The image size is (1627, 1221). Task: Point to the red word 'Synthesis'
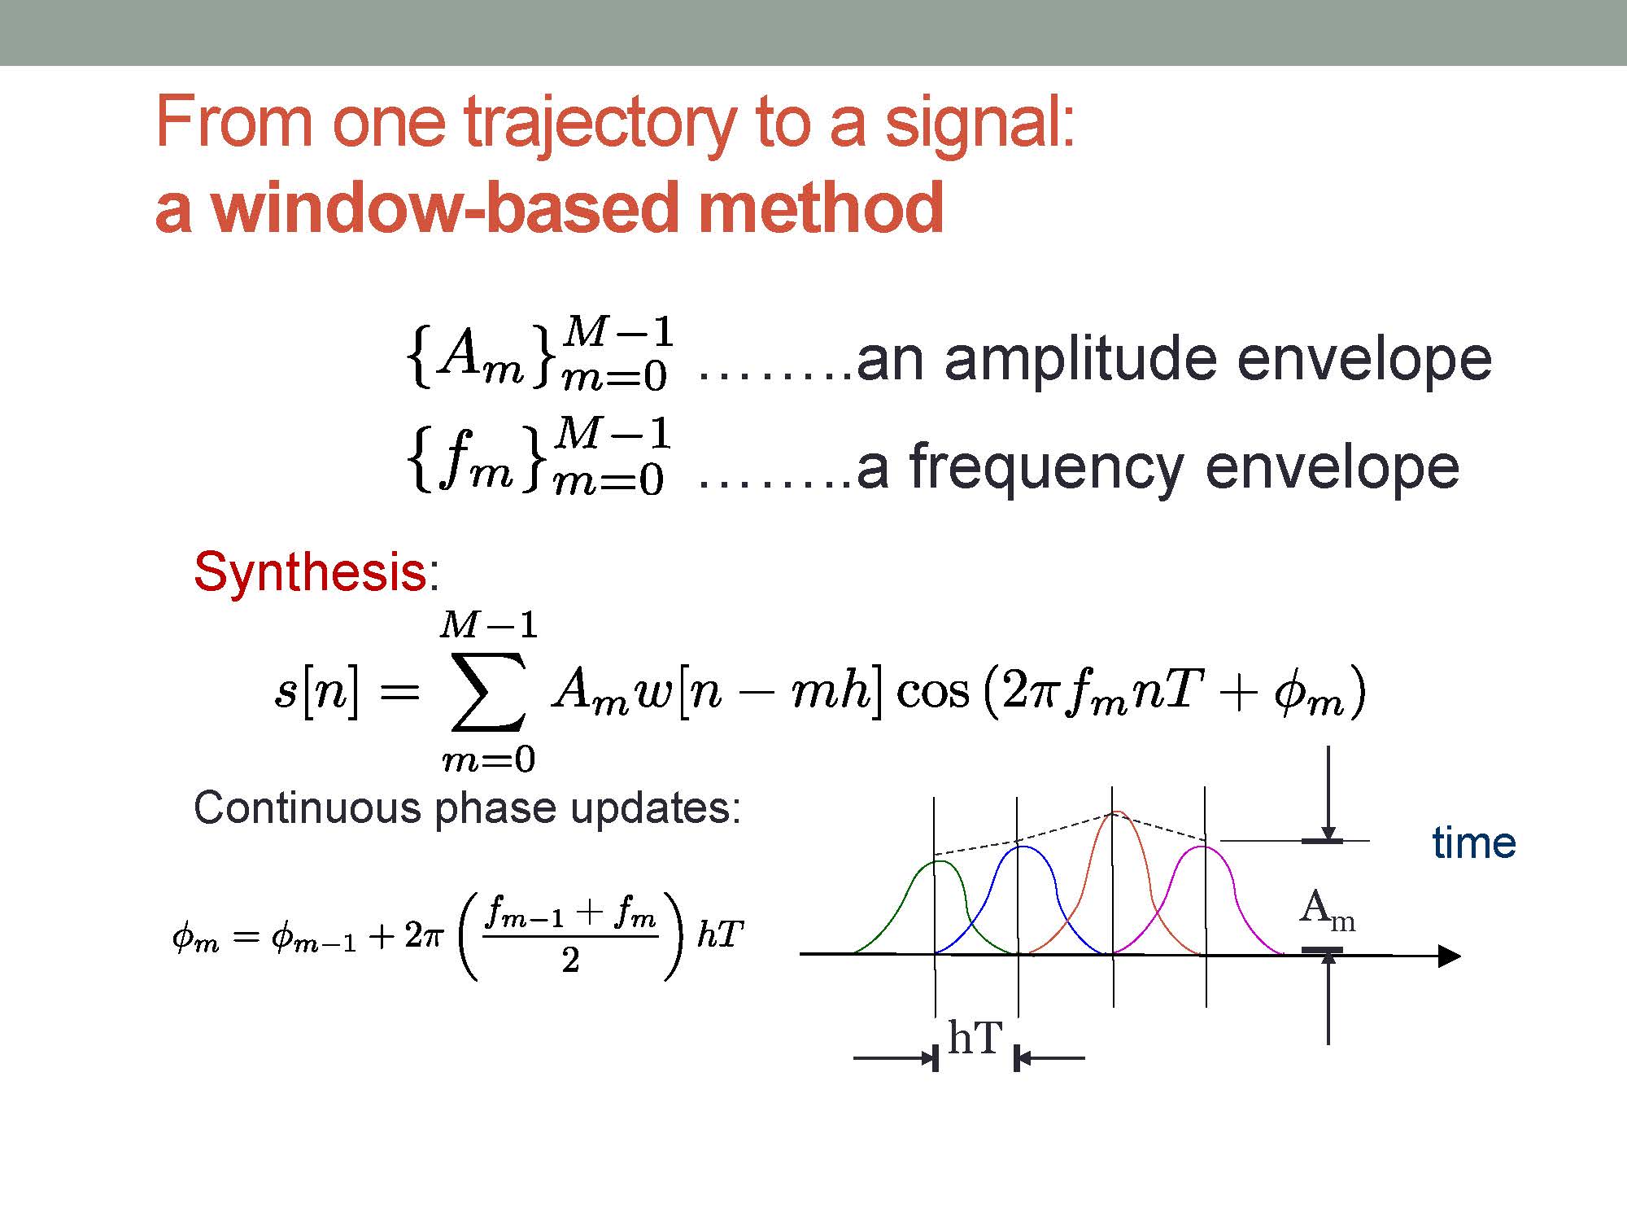coord(310,571)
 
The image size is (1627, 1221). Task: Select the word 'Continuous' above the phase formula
coord(308,808)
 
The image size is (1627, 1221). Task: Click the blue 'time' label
coord(1474,842)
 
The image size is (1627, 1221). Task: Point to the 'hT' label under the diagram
coord(975,1038)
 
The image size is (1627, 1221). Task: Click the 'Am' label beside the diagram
coord(1327,910)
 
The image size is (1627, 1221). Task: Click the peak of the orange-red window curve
coord(1117,812)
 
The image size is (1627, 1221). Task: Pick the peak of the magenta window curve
coord(1203,847)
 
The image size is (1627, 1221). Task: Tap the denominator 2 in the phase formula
coord(570,961)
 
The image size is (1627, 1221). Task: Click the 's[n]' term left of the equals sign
coord(316,693)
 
